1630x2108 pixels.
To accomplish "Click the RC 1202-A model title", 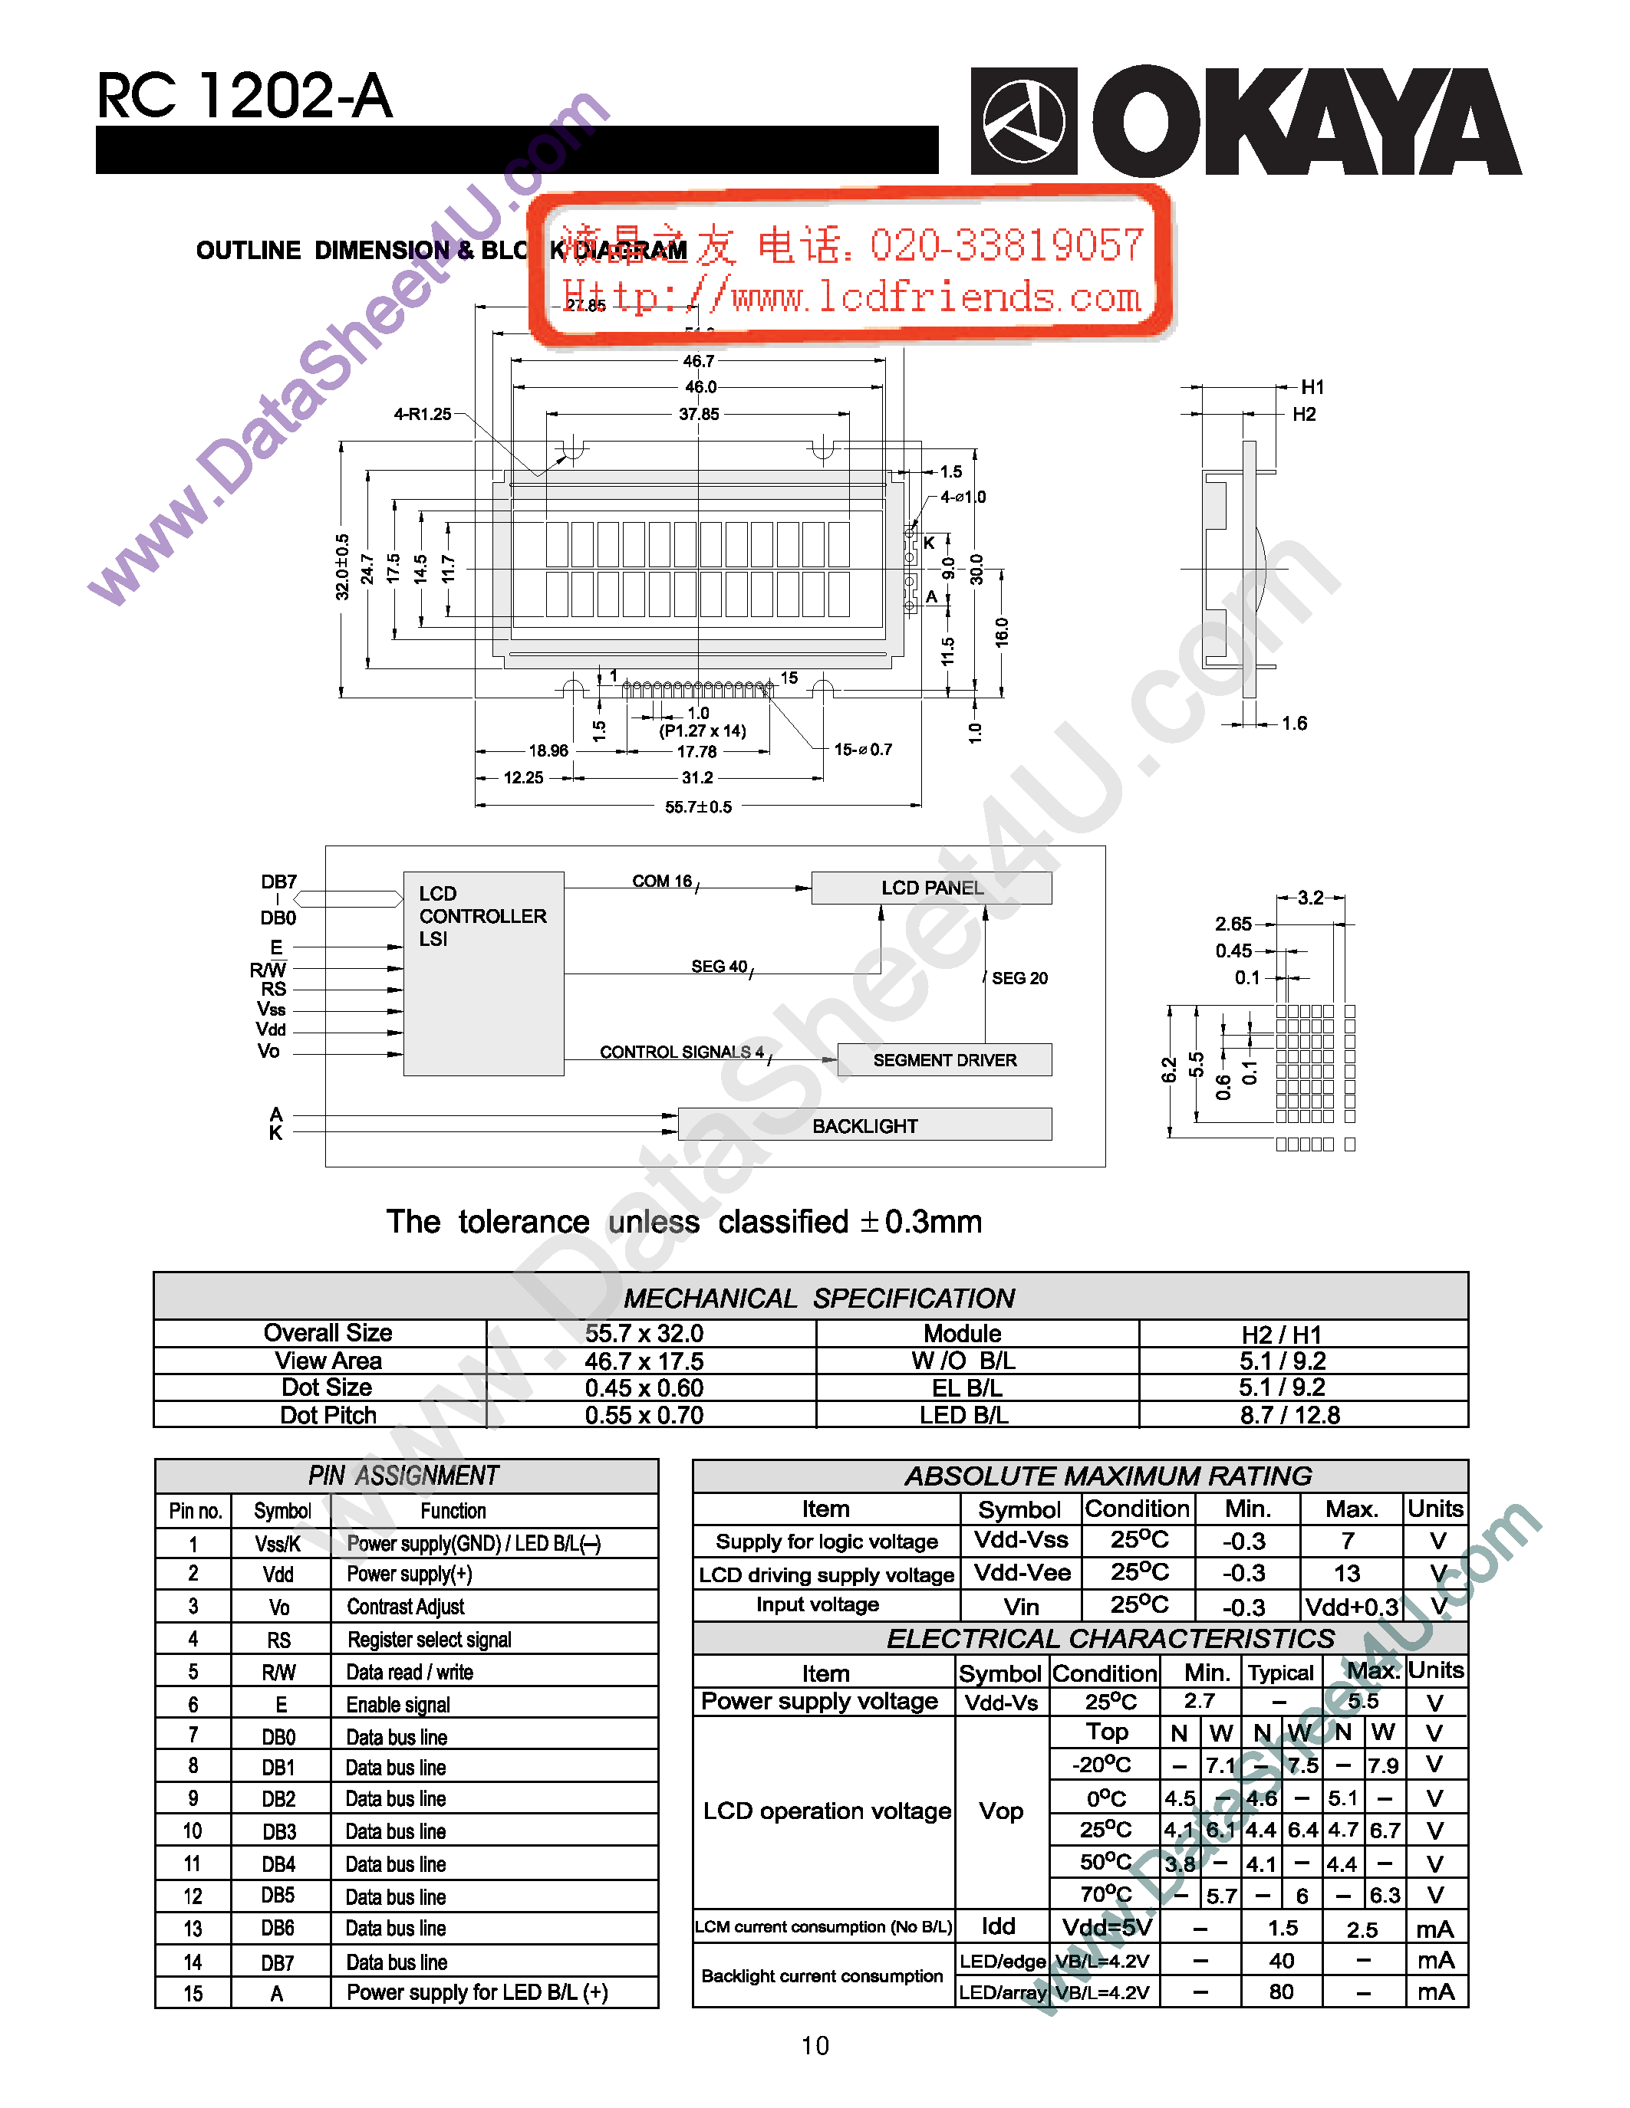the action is pos(244,97).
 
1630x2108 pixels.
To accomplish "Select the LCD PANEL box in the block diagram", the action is pos(931,888).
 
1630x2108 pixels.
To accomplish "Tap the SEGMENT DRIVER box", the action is pos(944,1060).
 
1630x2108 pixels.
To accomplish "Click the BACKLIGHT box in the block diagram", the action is pos(864,1125).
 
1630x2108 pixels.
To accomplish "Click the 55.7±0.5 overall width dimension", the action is pos(698,807).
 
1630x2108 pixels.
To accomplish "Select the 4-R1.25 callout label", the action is pos(422,414).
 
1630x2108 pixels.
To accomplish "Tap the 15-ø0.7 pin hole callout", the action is pos(862,749).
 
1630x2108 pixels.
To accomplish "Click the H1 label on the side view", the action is pos(1312,387).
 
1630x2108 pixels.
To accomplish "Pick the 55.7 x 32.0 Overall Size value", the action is pos(644,1334).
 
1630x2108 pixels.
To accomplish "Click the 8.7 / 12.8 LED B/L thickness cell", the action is pos(1290,1415).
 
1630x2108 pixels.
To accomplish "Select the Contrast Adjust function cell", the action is pos(406,1607).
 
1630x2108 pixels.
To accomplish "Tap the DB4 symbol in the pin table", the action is pos(278,1863).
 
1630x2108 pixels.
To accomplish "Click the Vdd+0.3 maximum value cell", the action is pos(1351,1607).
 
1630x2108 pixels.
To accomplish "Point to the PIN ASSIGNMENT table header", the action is pos(403,1476).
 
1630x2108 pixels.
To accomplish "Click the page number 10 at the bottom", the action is pos(815,2045).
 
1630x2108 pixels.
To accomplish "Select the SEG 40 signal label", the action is pos(720,966).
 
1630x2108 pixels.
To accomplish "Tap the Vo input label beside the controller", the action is pos(268,1051).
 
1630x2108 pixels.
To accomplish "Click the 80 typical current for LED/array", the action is pos(1282,1991).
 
